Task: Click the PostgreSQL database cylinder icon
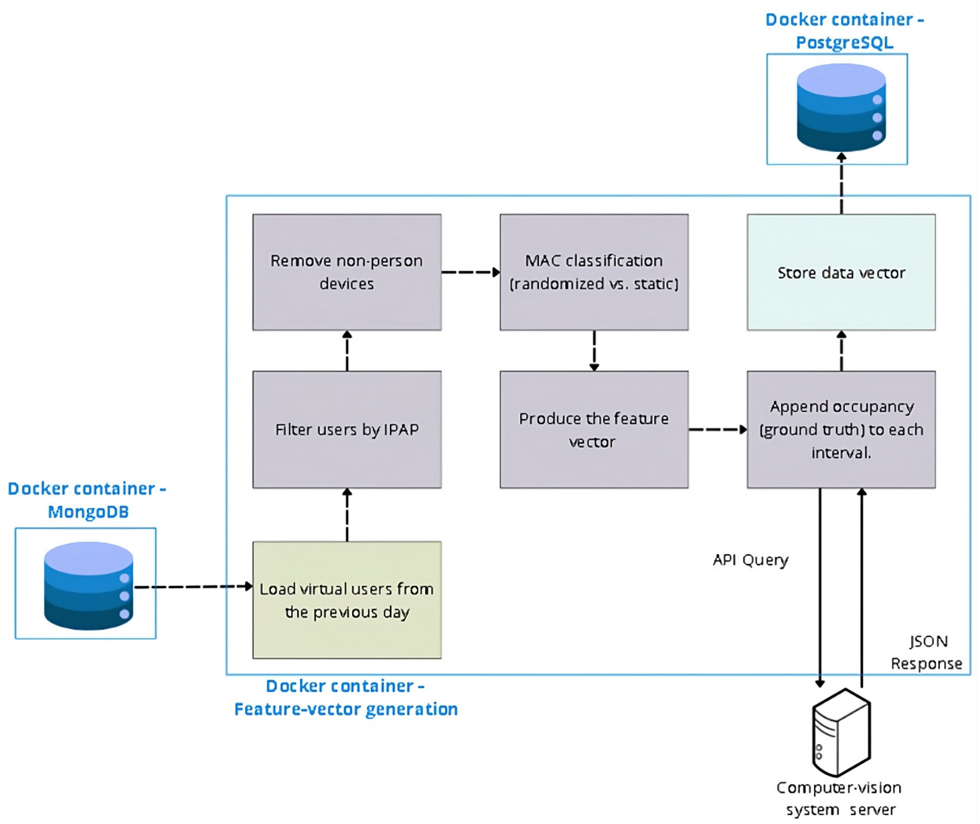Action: (841, 108)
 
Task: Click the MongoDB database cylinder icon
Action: (88, 586)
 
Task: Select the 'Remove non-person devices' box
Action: (347, 272)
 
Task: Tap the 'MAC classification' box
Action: (594, 272)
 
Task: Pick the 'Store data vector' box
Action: (841, 272)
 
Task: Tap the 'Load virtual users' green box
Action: (347, 600)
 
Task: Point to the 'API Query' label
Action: (750, 559)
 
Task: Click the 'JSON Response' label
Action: (927, 652)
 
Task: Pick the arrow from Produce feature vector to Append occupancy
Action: (717, 429)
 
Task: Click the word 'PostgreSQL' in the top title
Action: (844, 43)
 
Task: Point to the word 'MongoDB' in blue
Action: (88, 512)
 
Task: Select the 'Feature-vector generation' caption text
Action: (346, 709)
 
